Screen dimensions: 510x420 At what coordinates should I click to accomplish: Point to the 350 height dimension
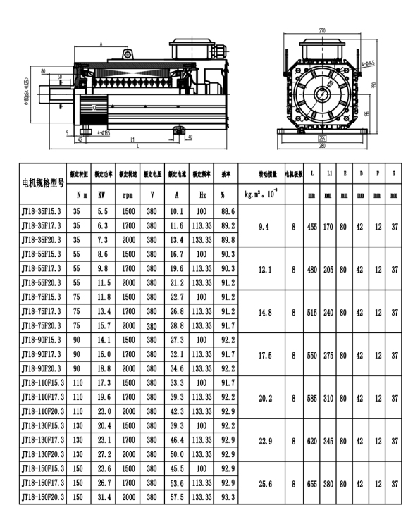374,86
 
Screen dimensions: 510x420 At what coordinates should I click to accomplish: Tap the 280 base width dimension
322,147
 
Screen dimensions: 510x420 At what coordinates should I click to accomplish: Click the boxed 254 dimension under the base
322,139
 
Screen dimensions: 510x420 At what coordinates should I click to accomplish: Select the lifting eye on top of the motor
128,54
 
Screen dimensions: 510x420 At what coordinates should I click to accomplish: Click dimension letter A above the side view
101,44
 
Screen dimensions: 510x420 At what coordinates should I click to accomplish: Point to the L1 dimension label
132,139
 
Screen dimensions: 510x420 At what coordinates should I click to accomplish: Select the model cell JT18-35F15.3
42,211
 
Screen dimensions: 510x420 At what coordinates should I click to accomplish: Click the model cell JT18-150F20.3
43,497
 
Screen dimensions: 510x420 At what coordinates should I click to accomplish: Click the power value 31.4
101,497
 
